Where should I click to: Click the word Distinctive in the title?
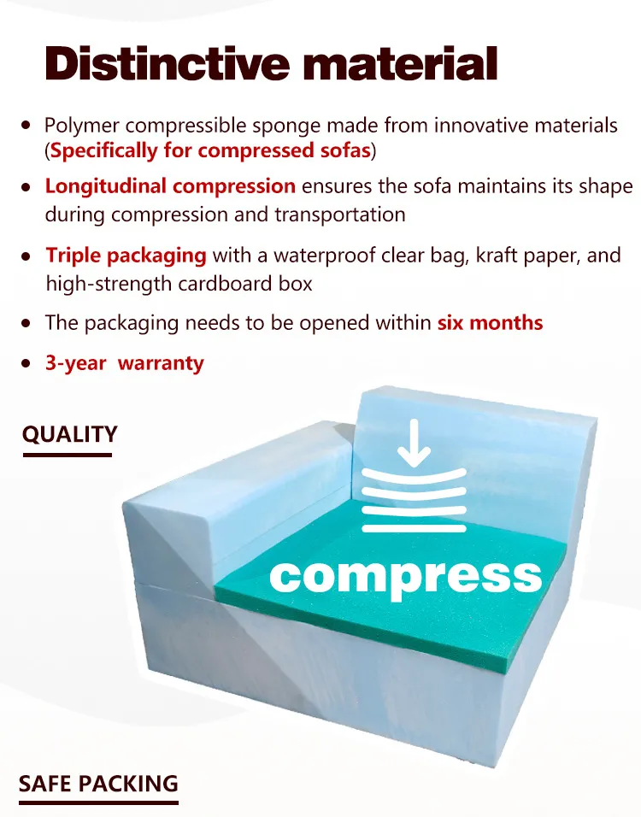159,63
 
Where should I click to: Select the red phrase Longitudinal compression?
170,186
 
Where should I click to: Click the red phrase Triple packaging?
126,255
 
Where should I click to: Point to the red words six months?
490,323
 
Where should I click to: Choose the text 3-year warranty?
125,363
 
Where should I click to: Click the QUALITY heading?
69,434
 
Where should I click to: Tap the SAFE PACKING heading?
98,784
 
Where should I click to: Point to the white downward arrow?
415,445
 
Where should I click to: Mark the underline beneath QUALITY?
67,455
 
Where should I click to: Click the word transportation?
340,214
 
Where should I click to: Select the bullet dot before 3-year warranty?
26,363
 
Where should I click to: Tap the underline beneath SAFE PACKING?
98,802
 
